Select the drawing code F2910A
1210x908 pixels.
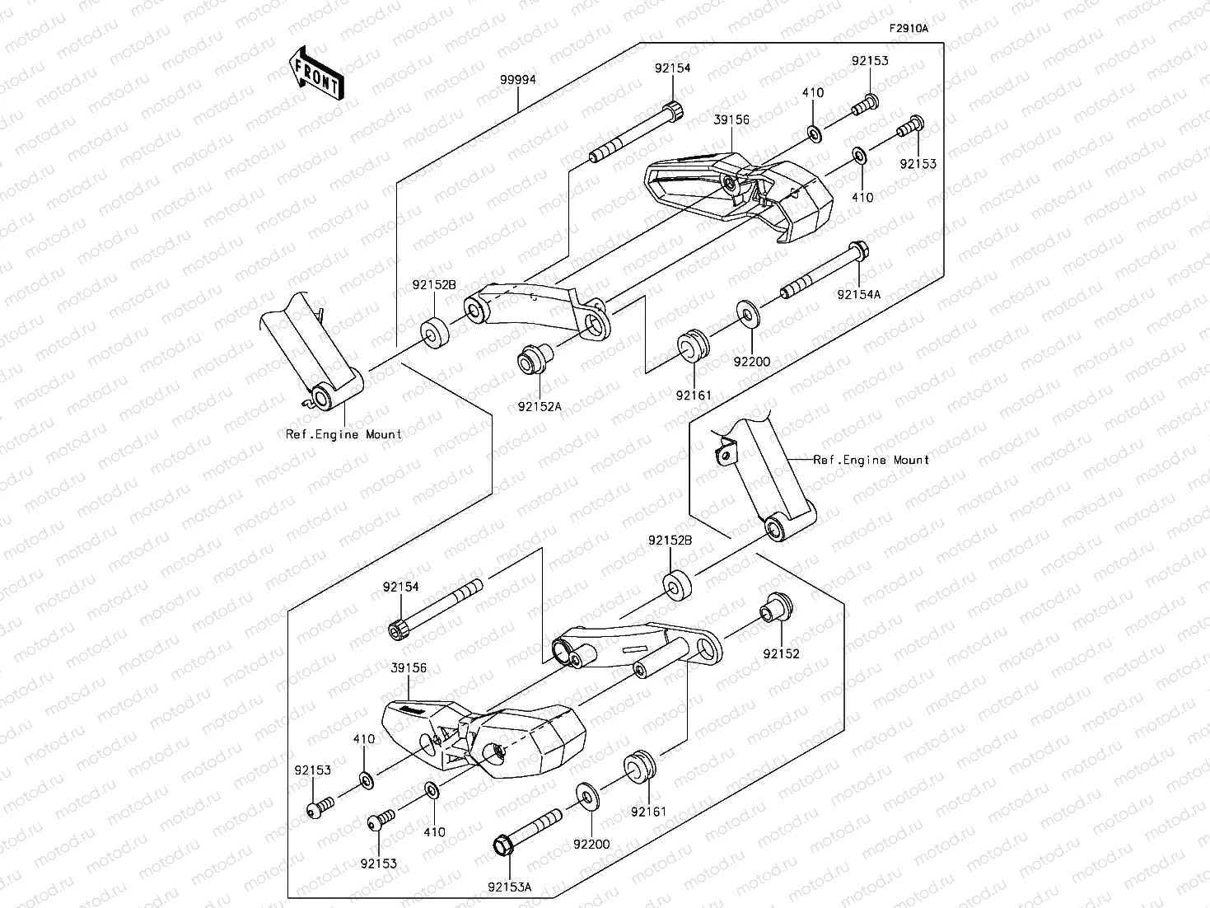point(908,29)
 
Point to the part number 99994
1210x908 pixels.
point(517,80)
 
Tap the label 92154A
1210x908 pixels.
point(859,293)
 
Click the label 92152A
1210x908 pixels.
point(540,405)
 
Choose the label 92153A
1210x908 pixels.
point(509,887)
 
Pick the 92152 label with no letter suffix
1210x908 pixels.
point(782,654)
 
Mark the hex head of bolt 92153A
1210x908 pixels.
point(502,845)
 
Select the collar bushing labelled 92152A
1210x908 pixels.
point(533,361)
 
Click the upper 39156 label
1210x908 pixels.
point(731,119)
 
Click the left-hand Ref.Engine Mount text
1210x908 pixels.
point(343,434)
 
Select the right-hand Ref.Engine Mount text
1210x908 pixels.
point(871,460)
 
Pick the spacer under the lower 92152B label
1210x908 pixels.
point(677,583)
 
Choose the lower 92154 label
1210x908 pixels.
point(400,587)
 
